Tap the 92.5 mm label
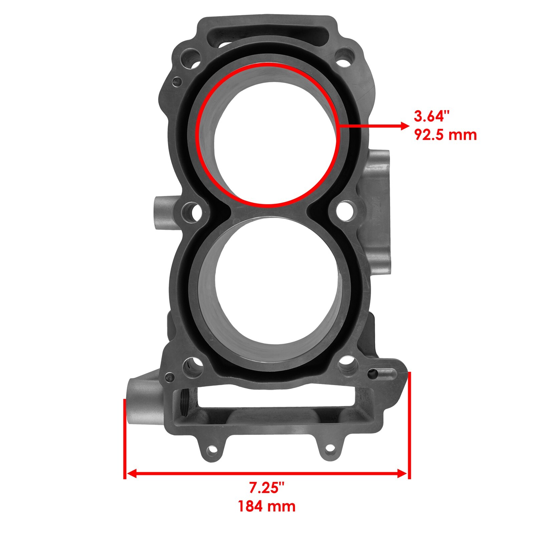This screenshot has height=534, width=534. [x=445, y=135]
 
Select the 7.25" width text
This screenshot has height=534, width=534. [x=267, y=488]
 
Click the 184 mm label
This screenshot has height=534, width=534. [x=266, y=506]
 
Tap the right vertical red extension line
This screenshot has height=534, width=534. [x=410, y=424]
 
